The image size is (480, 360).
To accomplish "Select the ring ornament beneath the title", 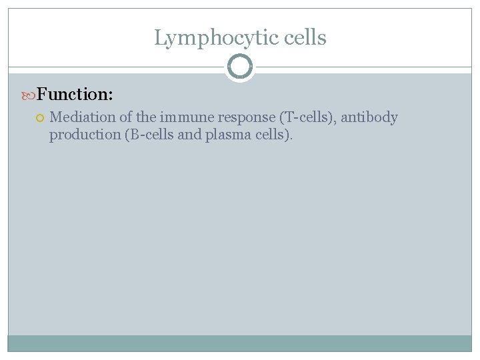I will pyautogui.click(x=240, y=67).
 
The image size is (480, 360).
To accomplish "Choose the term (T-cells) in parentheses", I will pyautogui.click(x=310, y=118).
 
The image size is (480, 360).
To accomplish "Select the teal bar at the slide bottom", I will pyautogui.click(x=240, y=343).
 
